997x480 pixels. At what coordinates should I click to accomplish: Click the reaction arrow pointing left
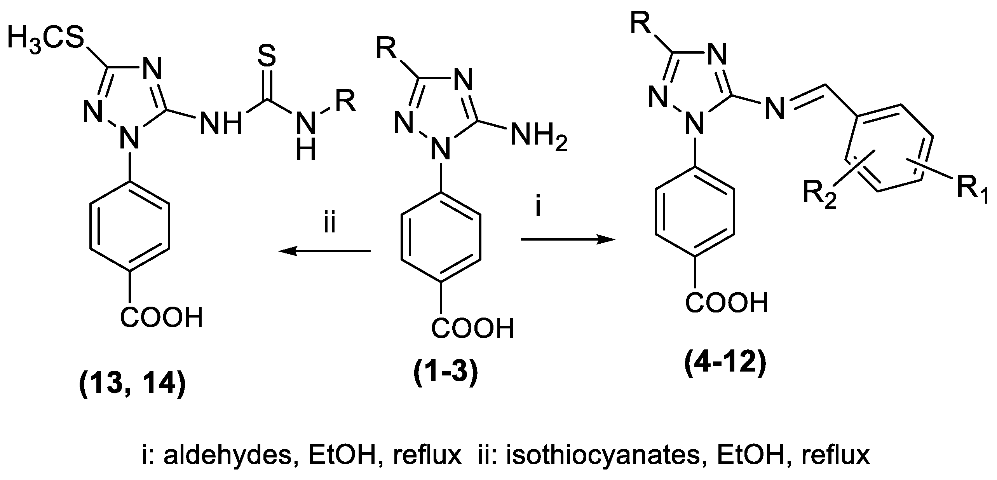pyautogui.click(x=324, y=251)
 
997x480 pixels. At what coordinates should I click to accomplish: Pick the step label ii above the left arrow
pyautogui.click(x=330, y=224)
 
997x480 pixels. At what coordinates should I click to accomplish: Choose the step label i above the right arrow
pyautogui.click(x=538, y=208)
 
